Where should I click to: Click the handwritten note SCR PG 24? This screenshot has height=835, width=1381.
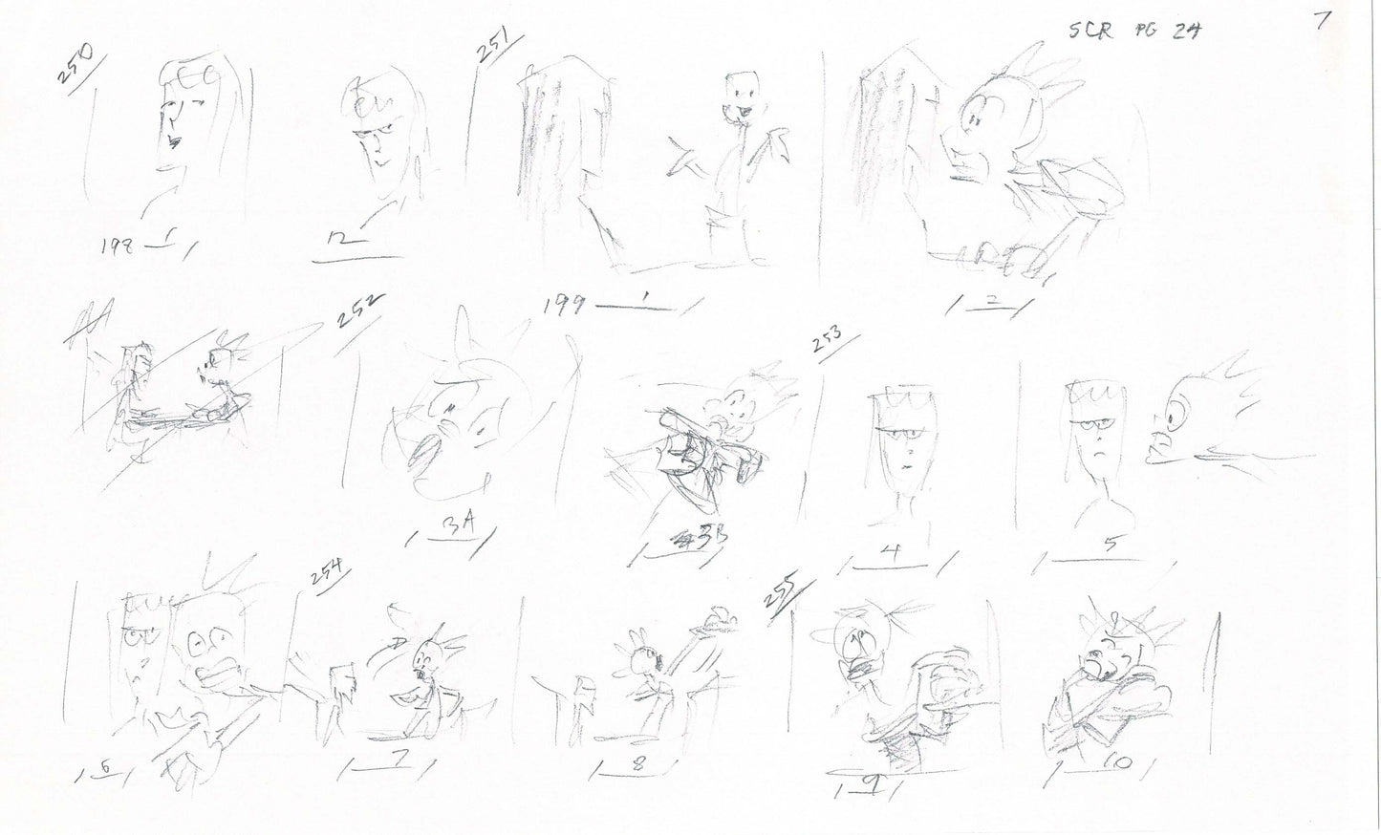point(1133,30)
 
